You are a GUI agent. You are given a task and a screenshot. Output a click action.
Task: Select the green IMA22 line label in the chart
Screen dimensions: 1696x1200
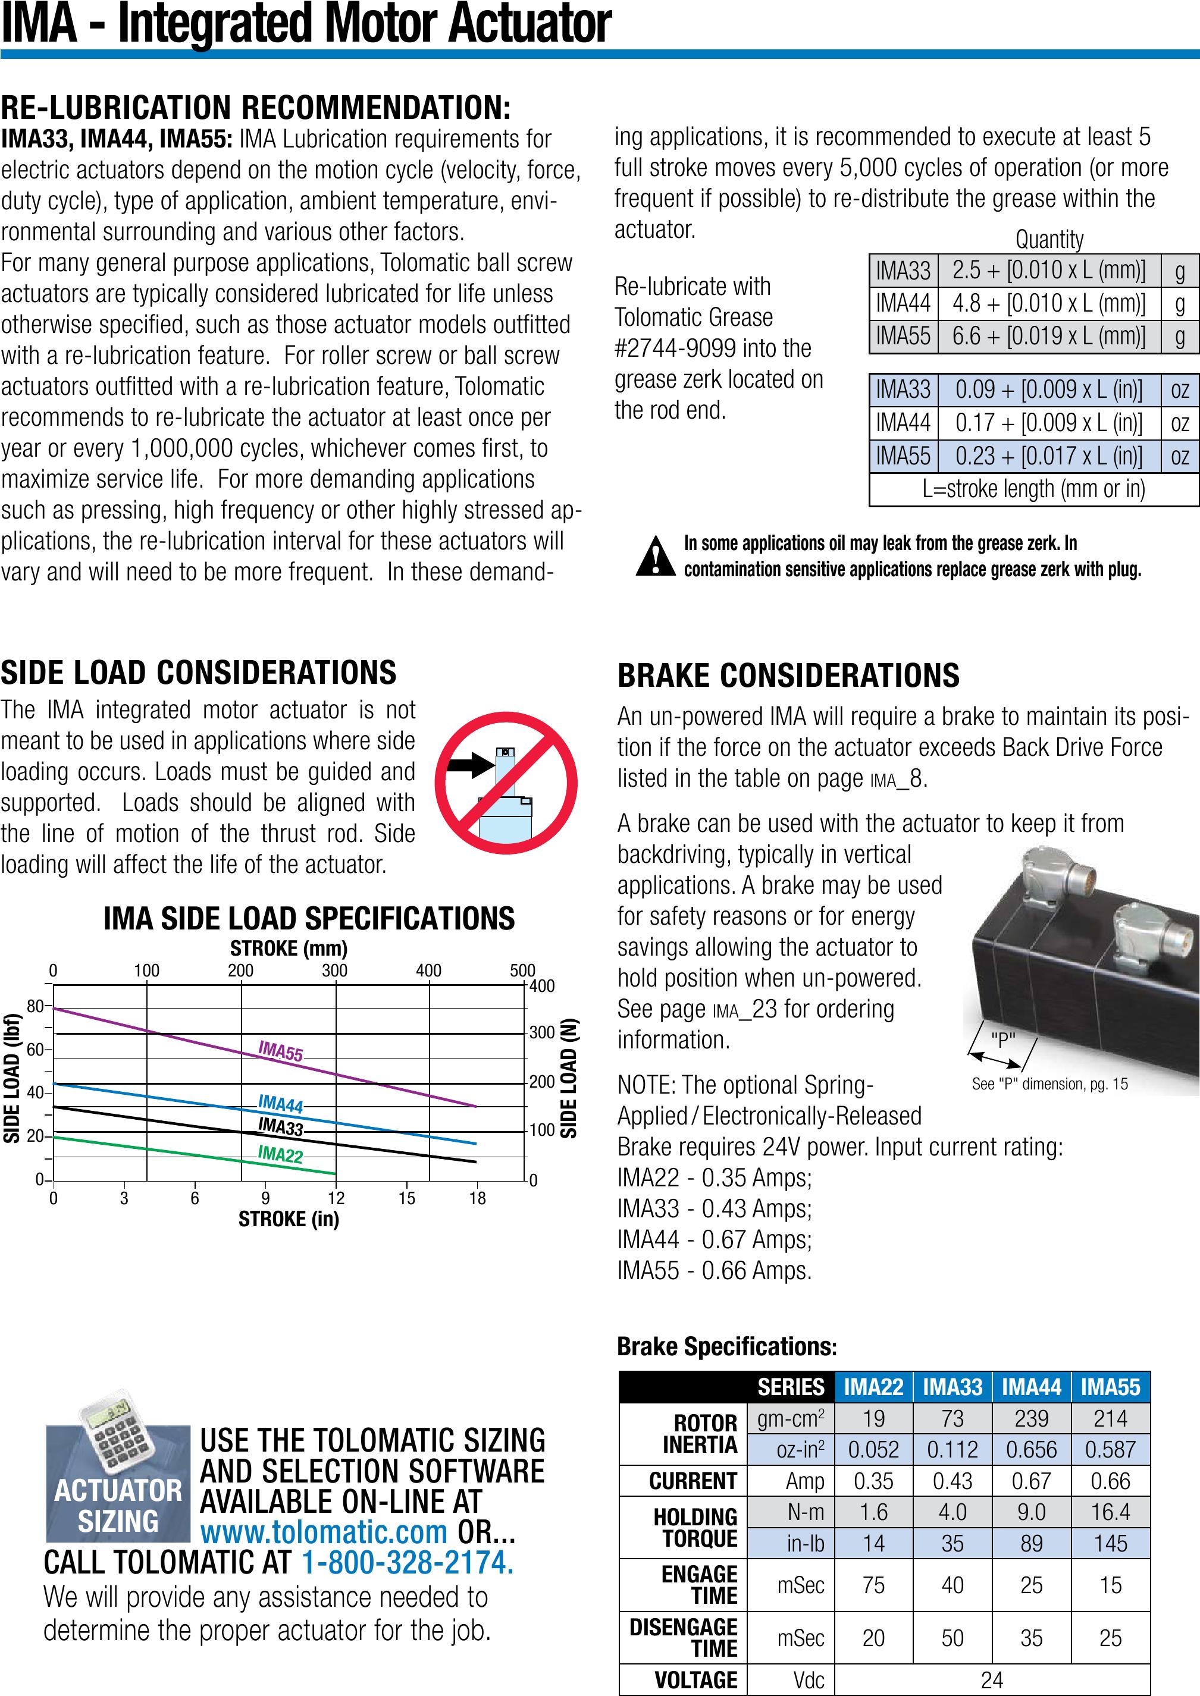pyautogui.click(x=280, y=1153)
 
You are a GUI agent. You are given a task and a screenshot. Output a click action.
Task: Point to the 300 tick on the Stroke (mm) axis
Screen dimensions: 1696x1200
pyautogui.click(x=335, y=971)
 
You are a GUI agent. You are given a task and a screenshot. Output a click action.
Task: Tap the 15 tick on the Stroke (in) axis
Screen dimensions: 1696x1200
pyautogui.click(x=407, y=1198)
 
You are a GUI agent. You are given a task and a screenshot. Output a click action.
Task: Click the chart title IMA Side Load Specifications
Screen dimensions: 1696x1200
pyautogui.click(x=309, y=918)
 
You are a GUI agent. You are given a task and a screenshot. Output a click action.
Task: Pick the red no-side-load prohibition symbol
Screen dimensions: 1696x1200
pyautogui.click(x=506, y=783)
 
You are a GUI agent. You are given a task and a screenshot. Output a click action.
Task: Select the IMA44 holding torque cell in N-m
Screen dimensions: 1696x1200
pyautogui.click(x=1031, y=1512)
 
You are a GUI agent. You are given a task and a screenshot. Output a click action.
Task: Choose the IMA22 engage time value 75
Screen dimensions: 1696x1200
pyautogui.click(x=873, y=1584)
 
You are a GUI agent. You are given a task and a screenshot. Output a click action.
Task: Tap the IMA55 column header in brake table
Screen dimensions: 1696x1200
pyautogui.click(x=1111, y=1387)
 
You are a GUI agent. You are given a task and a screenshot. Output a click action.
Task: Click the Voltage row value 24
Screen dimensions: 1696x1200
pyautogui.click(x=992, y=1680)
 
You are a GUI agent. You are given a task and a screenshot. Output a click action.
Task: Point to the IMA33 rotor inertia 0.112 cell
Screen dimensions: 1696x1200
pyautogui.click(x=953, y=1449)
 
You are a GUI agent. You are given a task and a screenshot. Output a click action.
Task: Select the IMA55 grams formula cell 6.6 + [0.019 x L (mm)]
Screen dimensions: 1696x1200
pyautogui.click(x=1048, y=336)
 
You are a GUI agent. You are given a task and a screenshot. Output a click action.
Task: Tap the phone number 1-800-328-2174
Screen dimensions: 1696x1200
pyautogui.click(x=408, y=1562)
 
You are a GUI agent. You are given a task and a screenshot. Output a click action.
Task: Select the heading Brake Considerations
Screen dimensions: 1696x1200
pyautogui.click(x=788, y=675)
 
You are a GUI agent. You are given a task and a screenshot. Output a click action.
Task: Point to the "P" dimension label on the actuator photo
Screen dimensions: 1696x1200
pyautogui.click(x=1002, y=1040)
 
